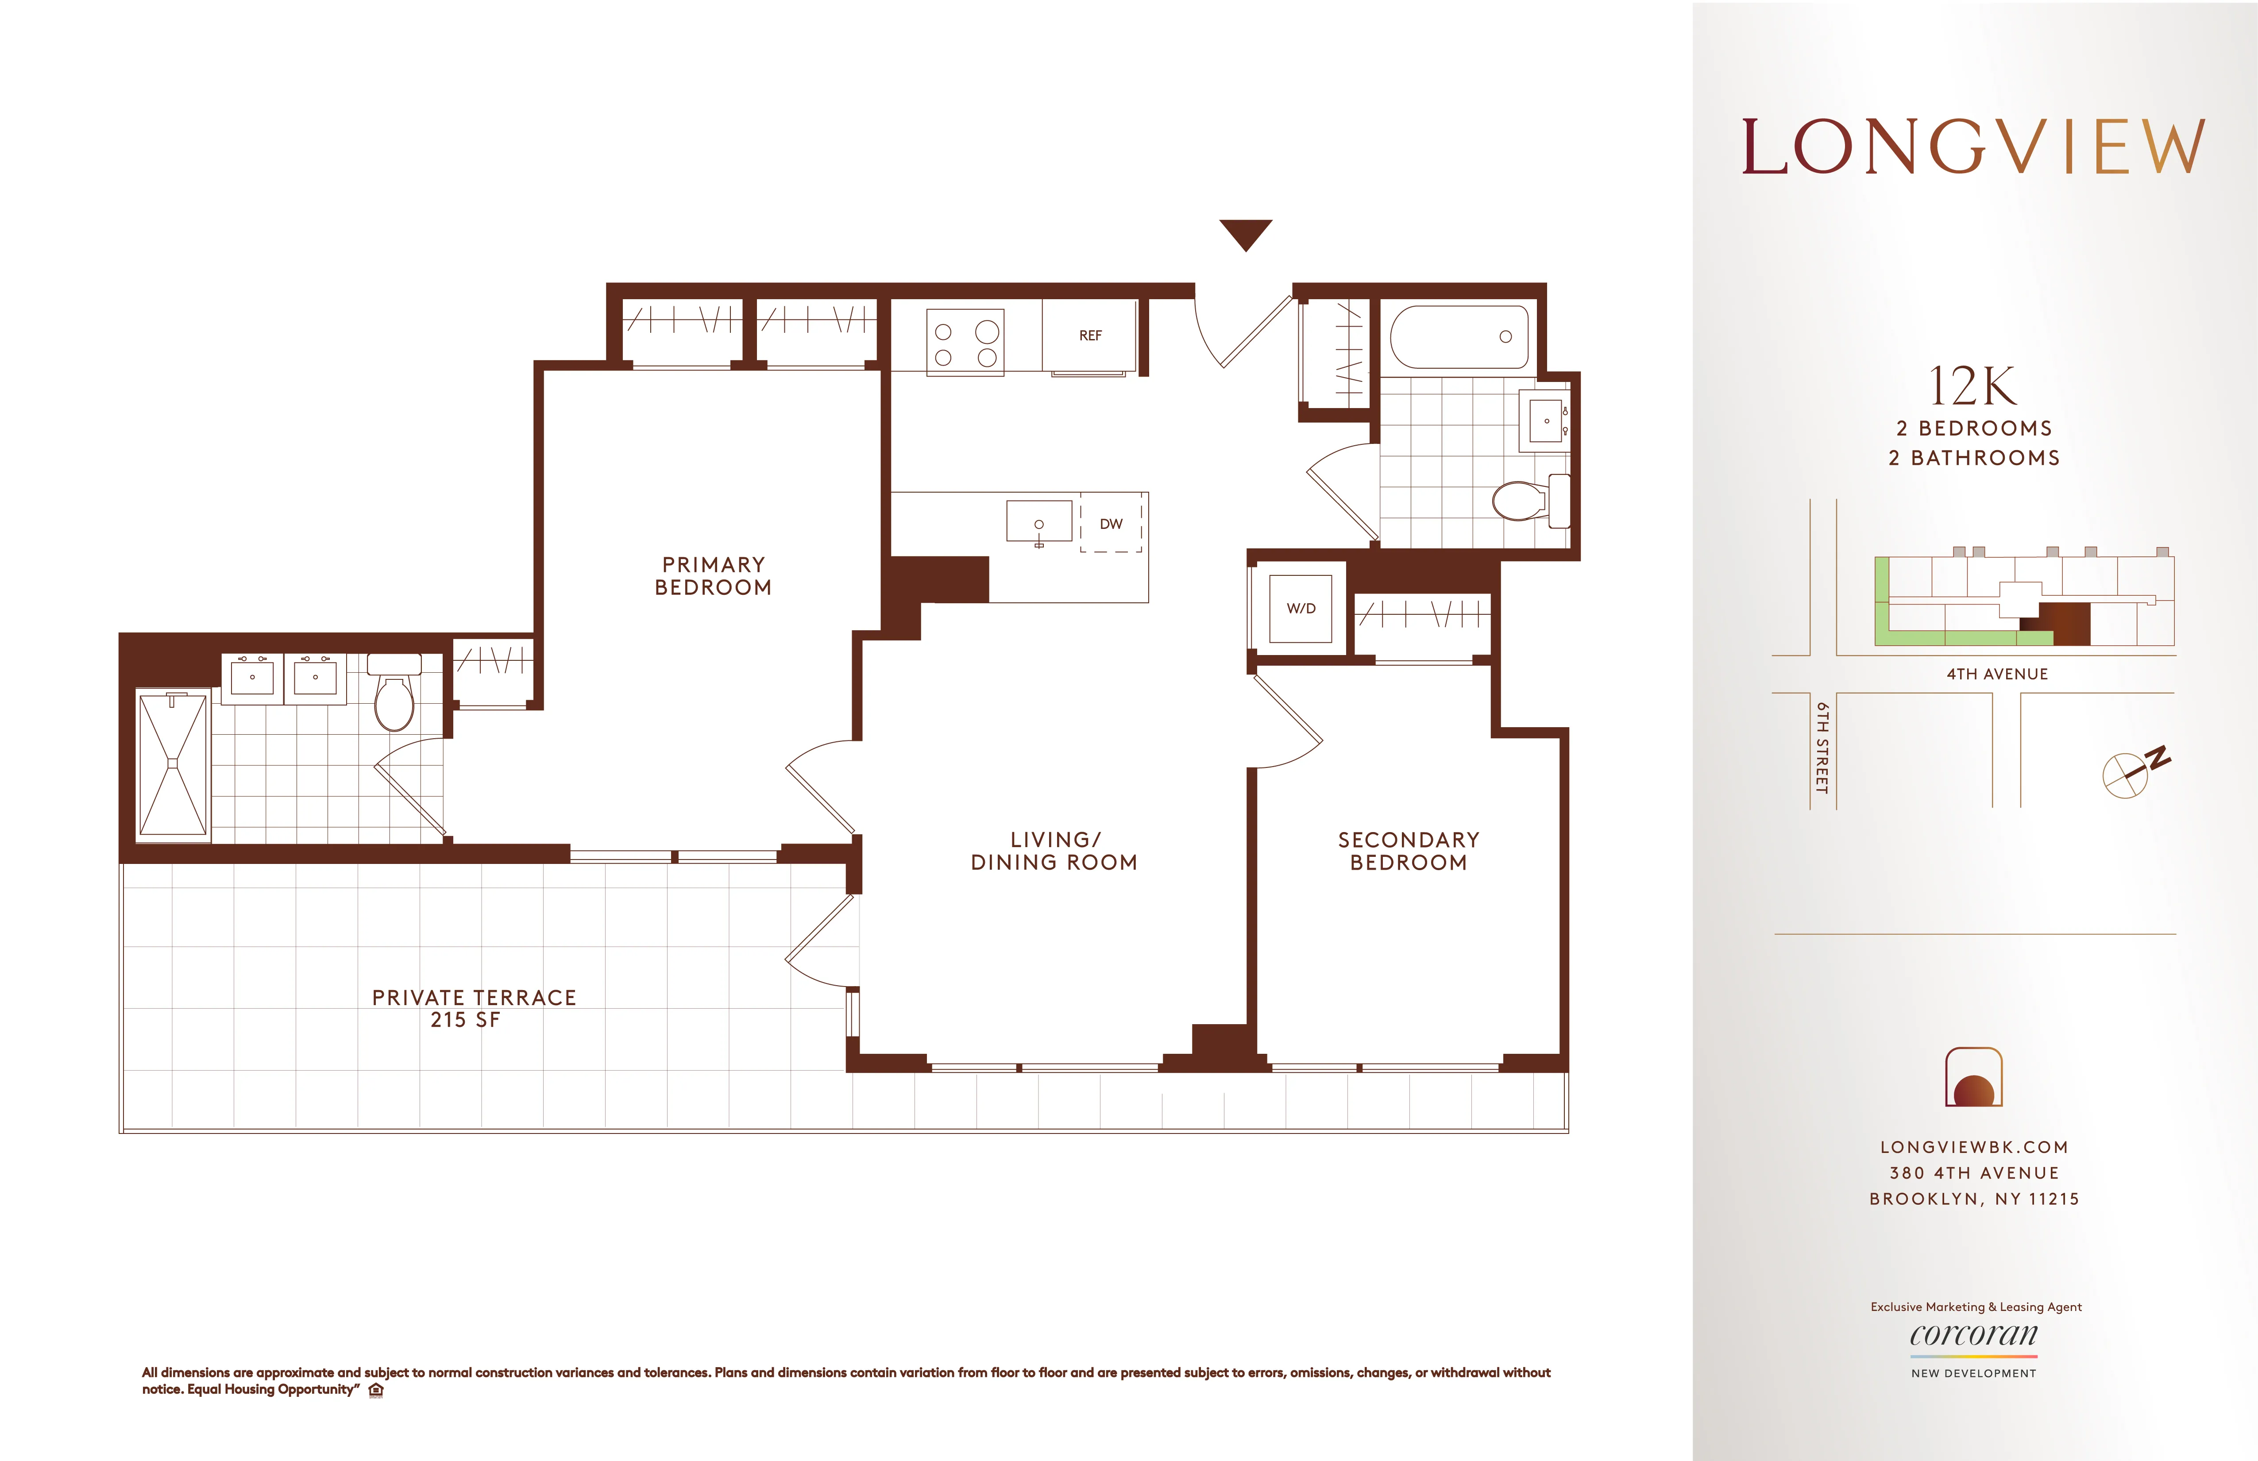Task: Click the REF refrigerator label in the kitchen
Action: click(1090, 336)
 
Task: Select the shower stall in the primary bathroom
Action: click(173, 764)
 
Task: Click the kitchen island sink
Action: click(1039, 523)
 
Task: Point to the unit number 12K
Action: click(1973, 386)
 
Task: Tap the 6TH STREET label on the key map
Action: click(1822, 748)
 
